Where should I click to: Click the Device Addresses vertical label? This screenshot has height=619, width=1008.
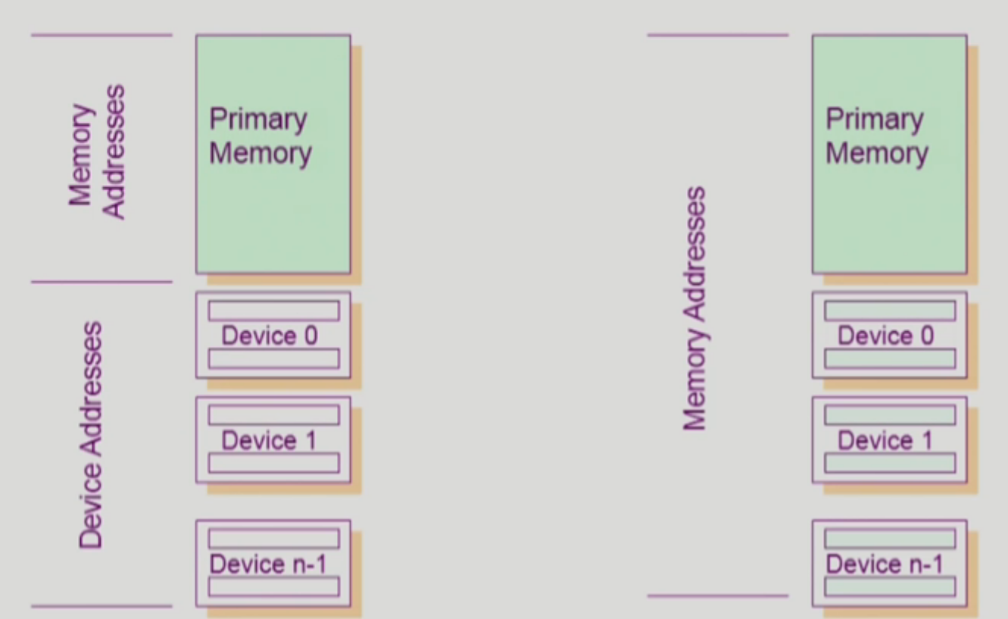(x=90, y=435)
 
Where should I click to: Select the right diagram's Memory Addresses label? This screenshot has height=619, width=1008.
(x=694, y=309)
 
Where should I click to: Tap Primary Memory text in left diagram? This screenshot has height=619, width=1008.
(x=259, y=136)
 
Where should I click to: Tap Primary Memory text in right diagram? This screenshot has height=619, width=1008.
(x=876, y=136)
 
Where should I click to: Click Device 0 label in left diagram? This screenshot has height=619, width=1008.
(x=270, y=336)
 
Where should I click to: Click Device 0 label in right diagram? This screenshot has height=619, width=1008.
(x=886, y=336)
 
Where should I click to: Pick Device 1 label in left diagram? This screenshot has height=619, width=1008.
(x=269, y=440)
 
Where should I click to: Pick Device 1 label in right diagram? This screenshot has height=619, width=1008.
(x=885, y=440)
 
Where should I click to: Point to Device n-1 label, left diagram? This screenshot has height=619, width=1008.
(x=269, y=564)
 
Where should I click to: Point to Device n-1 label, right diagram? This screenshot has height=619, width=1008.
(x=885, y=564)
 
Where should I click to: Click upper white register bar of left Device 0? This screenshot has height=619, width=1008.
(x=273, y=311)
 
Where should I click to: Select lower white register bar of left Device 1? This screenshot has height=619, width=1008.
(x=273, y=464)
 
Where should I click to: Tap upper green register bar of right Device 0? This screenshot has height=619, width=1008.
(x=890, y=311)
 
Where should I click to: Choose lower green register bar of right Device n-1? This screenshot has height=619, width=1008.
(x=890, y=586)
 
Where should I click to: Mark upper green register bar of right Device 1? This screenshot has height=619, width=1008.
(x=890, y=415)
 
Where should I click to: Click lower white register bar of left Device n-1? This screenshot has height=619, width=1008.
(x=273, y=586)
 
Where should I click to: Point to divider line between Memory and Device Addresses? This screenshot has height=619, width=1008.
(x=101, y=283)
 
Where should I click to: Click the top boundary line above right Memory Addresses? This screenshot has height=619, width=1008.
(x=718, y=35)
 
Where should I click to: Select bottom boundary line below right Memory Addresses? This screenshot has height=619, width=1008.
(x=718, y=596)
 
